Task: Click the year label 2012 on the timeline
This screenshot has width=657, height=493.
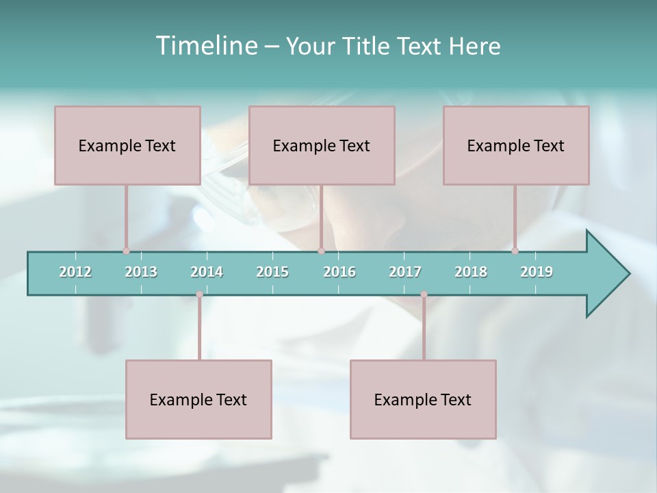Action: click(x=75, y=272)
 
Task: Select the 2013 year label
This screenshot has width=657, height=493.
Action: click(x=141, y=272)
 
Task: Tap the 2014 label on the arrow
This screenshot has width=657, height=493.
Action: click(x=207, y=272)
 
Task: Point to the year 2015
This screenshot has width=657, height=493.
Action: click(x=272, y=272)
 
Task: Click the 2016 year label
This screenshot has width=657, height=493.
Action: click(x=339, y=272)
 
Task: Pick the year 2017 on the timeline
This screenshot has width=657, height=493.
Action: click(x=405, y=272)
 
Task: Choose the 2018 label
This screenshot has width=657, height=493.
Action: click(x=471, y=272)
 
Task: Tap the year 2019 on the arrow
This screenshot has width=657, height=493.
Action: click(x=537, y=272)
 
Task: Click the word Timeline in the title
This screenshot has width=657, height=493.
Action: click(x=205, y=46)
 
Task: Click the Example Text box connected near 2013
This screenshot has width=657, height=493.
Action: click(x=127, y=145)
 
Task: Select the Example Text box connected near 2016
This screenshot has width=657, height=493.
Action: click(x=322, y=145)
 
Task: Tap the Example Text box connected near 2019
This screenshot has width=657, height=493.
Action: click(x=516, y=145)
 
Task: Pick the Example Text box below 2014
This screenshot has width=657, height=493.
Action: click(x=198, y=399)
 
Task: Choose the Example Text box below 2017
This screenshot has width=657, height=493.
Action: click(x=423, y=399)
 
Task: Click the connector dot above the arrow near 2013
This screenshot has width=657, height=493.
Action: click(x=126, y=251)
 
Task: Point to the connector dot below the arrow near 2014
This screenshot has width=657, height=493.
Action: click(x=199, y=294)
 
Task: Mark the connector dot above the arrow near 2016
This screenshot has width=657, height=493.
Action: click(x=321, y=251)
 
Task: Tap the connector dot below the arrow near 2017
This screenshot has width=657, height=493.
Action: click(x=424, y=294)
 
